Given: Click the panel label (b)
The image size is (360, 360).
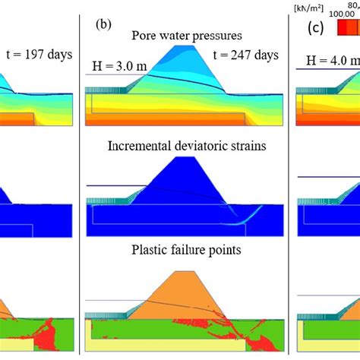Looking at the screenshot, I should point(104,24).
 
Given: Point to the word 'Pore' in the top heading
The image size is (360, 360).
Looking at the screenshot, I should point(144,35).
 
